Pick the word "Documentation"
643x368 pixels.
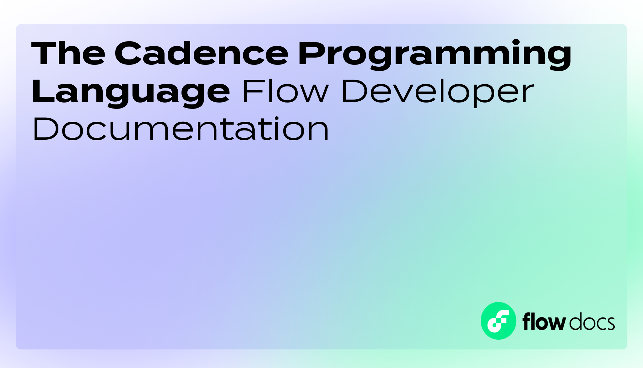click(181, 129)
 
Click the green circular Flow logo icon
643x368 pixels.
click(498, 321)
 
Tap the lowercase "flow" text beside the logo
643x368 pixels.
click(544, 322)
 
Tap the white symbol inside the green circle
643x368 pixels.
click(498, 321)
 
